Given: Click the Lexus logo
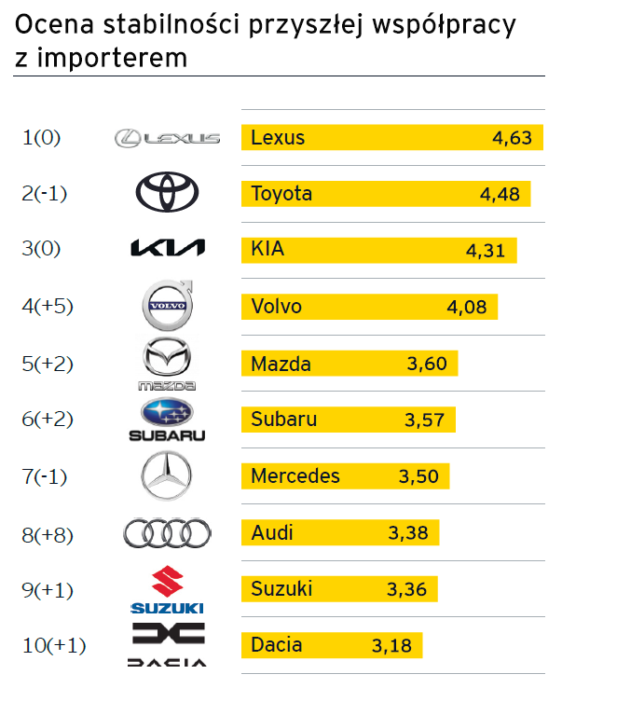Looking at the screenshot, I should (167, 138).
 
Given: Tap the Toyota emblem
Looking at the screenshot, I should (167, 193).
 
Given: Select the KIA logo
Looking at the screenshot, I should (167, 248).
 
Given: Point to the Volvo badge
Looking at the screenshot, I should (168, 305).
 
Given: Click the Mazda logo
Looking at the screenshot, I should (167, 364).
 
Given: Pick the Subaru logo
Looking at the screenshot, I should (167, 420).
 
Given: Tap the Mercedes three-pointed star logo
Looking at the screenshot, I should (167, 475).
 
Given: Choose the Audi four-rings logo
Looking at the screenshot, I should (167, 533).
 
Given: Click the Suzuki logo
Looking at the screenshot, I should (167, 590).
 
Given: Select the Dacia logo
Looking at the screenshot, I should (168, 645).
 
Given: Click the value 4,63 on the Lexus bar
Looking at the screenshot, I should (512, 138).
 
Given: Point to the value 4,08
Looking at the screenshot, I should (467, 307).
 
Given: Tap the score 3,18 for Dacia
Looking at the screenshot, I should (391, 645).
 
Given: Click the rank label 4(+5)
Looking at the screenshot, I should (47, 306).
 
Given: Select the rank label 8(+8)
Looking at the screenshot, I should (47, 534).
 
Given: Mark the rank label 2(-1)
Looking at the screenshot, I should (45, 194).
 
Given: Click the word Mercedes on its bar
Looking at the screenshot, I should (295, 476).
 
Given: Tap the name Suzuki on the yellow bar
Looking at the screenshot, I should (281, 589).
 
